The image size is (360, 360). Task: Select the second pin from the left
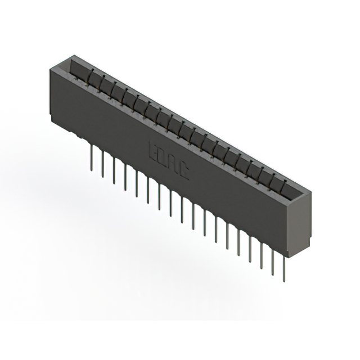pos(102,165)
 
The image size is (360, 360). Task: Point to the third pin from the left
pos(114,171)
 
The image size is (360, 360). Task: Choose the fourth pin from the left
pos(125,177)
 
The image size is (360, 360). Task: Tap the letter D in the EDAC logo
pos(164,156)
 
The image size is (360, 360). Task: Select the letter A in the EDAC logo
pos(174,163)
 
